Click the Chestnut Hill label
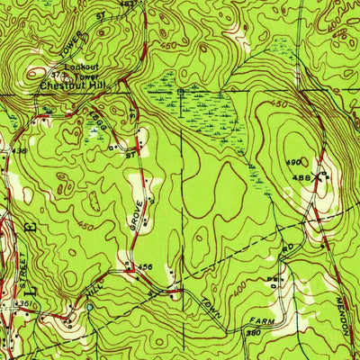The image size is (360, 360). coord(70,86)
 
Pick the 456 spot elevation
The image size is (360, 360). coord(145,266)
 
